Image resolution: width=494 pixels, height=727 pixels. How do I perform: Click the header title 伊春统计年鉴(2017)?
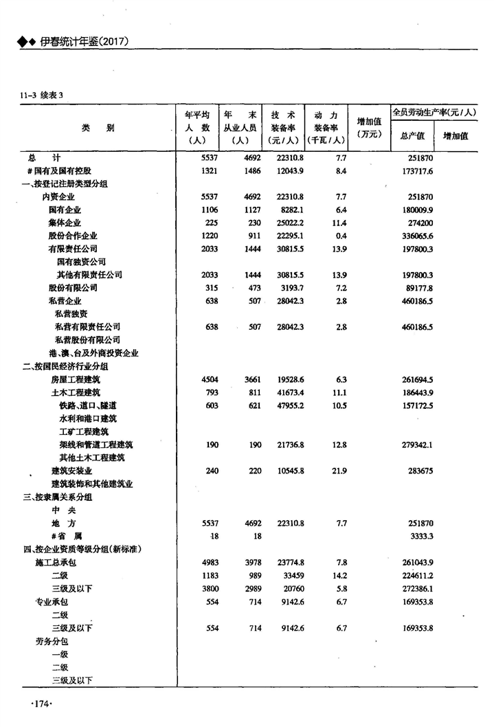84,43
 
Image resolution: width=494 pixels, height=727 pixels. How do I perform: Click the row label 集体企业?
65,223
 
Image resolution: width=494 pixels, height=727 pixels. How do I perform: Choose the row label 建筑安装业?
71,471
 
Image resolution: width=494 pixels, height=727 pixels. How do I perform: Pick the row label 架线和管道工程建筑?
96,445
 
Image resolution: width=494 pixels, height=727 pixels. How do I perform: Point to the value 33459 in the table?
291,575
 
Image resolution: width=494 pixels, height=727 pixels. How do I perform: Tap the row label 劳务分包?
52,640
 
